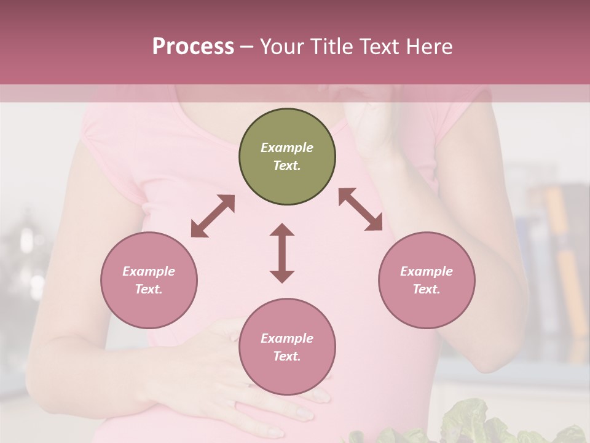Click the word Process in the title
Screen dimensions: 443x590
(193, 47)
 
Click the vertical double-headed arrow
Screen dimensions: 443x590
(282, 253)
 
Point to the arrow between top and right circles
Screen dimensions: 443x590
(361, 209)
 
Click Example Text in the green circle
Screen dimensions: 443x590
(287, 156)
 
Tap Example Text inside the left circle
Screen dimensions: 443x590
(149, 280)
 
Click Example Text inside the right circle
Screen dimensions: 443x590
(427, 280)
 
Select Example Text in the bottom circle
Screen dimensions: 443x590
(287, 347)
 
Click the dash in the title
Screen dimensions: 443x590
(247, 47)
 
